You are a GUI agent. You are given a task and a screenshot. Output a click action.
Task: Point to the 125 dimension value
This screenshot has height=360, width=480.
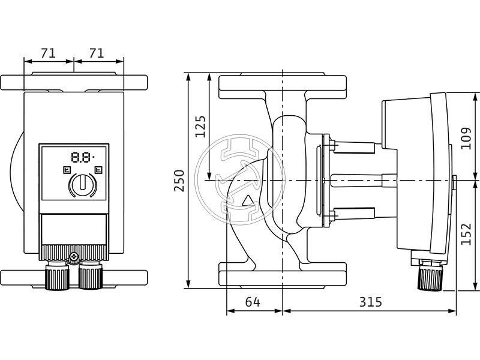(200, 127)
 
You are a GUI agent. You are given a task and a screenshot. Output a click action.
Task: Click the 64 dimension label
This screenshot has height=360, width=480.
(253, 302)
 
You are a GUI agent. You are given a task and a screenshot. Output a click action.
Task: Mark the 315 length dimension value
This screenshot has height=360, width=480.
(370, 302)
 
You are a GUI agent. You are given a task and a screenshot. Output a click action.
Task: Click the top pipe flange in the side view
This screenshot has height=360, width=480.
(282, 86)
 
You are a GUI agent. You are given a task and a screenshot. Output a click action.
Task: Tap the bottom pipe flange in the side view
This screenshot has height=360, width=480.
(282, 275)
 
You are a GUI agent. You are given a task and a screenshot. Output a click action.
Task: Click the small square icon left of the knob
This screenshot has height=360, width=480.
(65, 170)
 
